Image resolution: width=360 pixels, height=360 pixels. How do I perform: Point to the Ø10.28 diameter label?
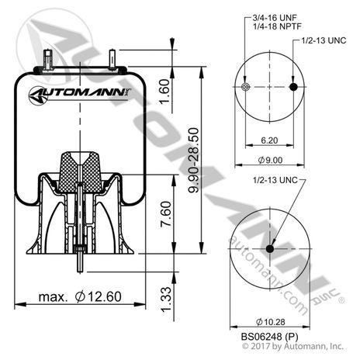pyautogui.click(x=268, y=320)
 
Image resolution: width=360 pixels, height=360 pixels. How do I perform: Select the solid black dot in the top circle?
pyautogui.click(x=292, y=88)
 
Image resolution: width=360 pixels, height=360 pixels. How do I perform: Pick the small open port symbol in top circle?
pyautogui.click(x=245, y=88)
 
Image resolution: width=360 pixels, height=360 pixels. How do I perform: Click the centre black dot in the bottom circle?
pyautogui.click(x=269, y=249)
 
